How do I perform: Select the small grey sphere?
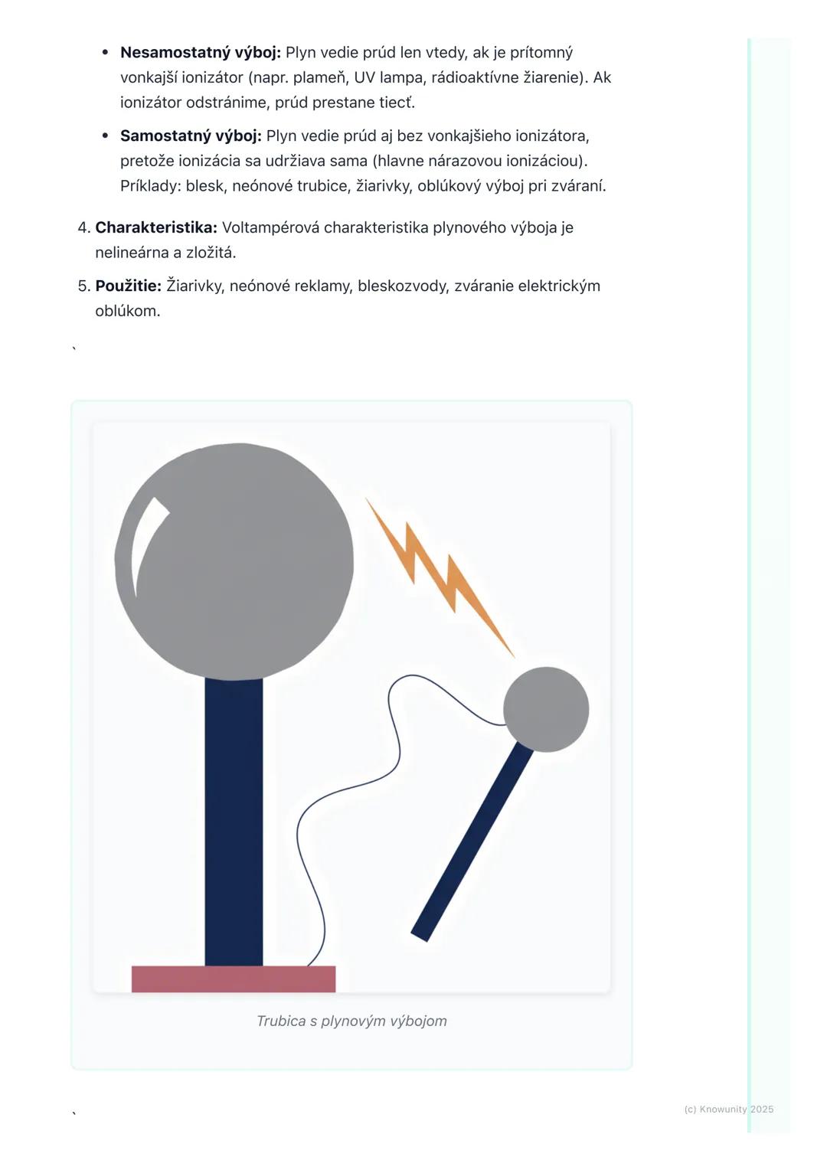click(546, 709)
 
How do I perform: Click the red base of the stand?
click(234, 979)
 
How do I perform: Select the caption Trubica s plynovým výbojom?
click(351, 1021)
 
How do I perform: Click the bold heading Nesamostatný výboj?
click(201, 53)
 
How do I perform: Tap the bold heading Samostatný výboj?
click(191, 136)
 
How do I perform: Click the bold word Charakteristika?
click(156, 227)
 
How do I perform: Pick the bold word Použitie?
click(128, 286)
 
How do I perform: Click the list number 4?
click(83, 227)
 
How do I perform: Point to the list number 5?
click(83, 286)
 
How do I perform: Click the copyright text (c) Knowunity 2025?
click(728, 1109)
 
